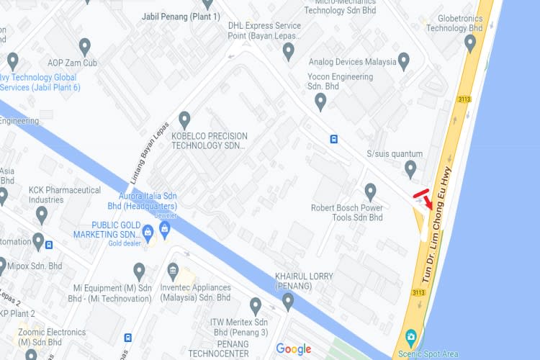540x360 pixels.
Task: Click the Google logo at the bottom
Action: pos(294,349)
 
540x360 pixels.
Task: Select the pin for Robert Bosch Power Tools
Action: pos(371,192)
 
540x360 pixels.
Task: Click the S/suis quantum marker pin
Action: pos(410,169)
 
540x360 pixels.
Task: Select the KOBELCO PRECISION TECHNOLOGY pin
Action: pos(185,120)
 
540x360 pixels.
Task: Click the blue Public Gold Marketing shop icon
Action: pos(148,231)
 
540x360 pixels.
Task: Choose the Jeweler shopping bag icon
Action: pos(165,230)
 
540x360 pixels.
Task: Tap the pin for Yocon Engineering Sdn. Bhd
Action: pos(321,102)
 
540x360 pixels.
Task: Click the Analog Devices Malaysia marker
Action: pos(404,60)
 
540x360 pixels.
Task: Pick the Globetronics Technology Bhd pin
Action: pos(471,44)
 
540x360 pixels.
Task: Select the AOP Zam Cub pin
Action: pos(85,48)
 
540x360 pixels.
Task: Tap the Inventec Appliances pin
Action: pos(173,271)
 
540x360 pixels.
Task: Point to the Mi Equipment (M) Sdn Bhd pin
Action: pos(140,271)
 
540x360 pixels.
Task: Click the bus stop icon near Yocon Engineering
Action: pos(334,139)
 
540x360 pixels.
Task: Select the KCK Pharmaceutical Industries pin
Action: pos(42,214)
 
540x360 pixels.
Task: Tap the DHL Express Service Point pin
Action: pos(288,51)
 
